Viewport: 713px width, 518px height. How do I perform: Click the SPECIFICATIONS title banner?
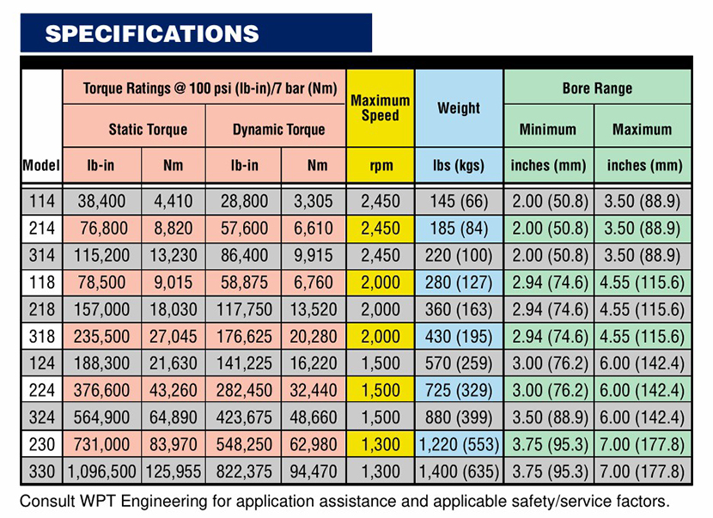(152, 34)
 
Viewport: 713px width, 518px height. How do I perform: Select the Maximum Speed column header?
(380, 107)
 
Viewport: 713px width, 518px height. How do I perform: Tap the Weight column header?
(459, 108)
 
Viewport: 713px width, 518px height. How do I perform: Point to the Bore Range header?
(597, 88)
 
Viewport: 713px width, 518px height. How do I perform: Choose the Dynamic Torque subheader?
(278, 130)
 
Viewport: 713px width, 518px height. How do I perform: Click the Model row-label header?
(40, 165)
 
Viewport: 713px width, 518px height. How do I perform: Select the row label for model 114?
(40, 202)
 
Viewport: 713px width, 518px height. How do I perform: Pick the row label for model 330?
(40, 471)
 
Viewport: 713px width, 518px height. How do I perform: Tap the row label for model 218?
(40, 309)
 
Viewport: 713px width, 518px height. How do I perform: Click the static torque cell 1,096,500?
(101, 471)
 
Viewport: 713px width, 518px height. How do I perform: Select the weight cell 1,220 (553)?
(459, 444)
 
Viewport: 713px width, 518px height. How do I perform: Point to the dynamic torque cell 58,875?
(243, 283)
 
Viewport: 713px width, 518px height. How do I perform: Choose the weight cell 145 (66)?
(459, 202)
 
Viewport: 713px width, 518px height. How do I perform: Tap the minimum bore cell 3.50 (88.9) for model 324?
(549, 417)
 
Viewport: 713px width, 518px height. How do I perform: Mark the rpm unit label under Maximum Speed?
(380, 165)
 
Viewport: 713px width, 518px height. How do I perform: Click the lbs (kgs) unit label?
(459, 165)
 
